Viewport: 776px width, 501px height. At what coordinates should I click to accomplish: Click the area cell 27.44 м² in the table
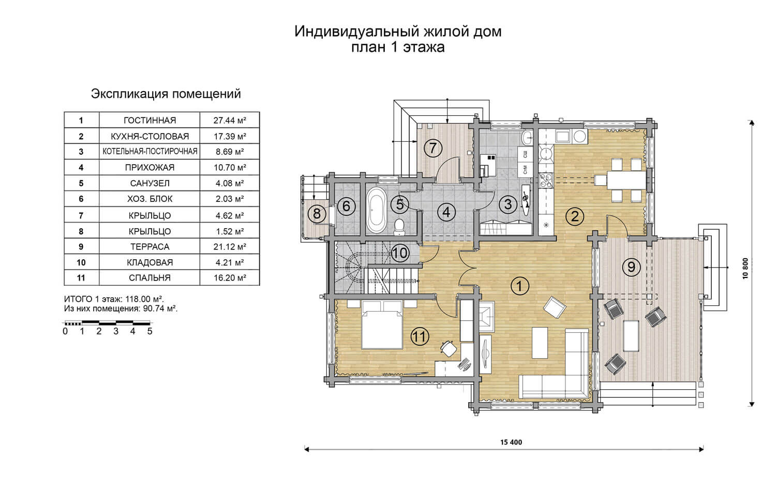coord(230,120)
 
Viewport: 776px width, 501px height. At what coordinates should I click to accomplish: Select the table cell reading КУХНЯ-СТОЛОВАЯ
coord(150,136)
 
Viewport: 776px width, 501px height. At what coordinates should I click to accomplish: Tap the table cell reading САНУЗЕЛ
coord(150,183)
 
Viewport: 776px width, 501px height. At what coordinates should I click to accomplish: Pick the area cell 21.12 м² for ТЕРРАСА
coord(230,247)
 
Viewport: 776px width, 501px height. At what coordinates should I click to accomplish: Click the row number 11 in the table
coord(81,278)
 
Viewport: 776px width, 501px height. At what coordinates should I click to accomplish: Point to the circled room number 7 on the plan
coord(432,148)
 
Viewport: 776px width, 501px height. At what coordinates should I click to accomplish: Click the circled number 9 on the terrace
coord(631,267)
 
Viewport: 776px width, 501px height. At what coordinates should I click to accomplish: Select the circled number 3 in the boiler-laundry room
coord(508,204)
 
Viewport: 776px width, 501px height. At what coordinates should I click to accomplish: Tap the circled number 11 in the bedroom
coord(420,336)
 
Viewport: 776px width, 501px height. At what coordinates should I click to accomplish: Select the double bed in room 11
coord(382,325)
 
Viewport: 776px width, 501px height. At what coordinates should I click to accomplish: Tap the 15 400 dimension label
coord(511,442)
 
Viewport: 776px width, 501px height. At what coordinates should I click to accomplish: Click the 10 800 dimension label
coord(745,269)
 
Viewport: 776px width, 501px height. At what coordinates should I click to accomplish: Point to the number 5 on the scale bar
coord(150,331)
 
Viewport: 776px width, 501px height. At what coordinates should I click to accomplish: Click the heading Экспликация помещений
coord(166,94)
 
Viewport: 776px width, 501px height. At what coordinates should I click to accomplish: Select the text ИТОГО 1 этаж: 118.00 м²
coord(114,299)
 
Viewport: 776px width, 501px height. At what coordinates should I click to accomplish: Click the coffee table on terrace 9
coord(631,336)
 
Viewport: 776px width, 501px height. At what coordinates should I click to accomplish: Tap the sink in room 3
coord(528,138)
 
